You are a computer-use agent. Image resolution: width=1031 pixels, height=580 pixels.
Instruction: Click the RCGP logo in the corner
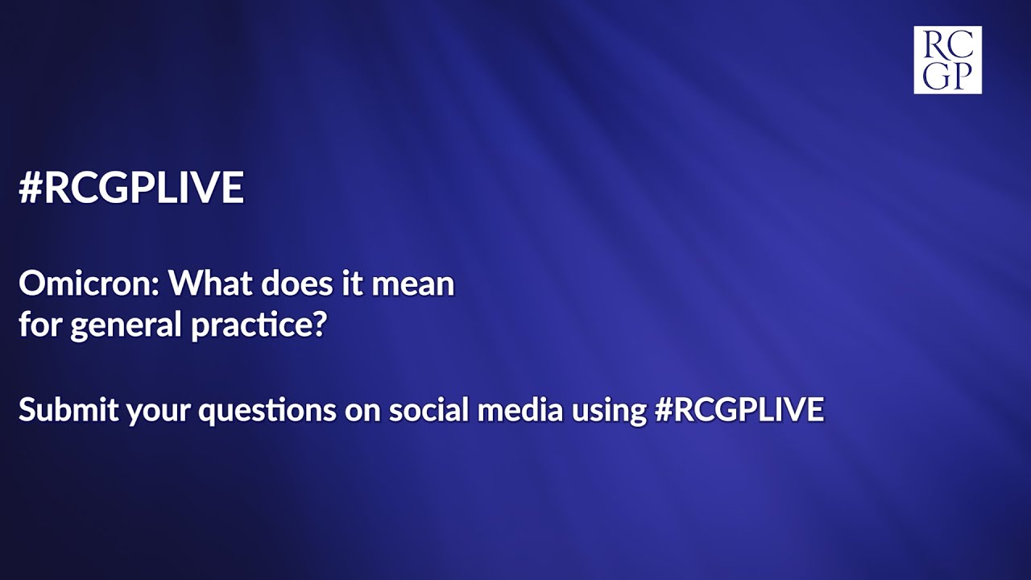pos(947,60)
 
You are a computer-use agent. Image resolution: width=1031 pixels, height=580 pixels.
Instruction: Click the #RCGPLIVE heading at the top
pos(131,188)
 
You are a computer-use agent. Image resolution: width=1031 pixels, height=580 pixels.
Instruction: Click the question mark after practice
pos(317,327)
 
